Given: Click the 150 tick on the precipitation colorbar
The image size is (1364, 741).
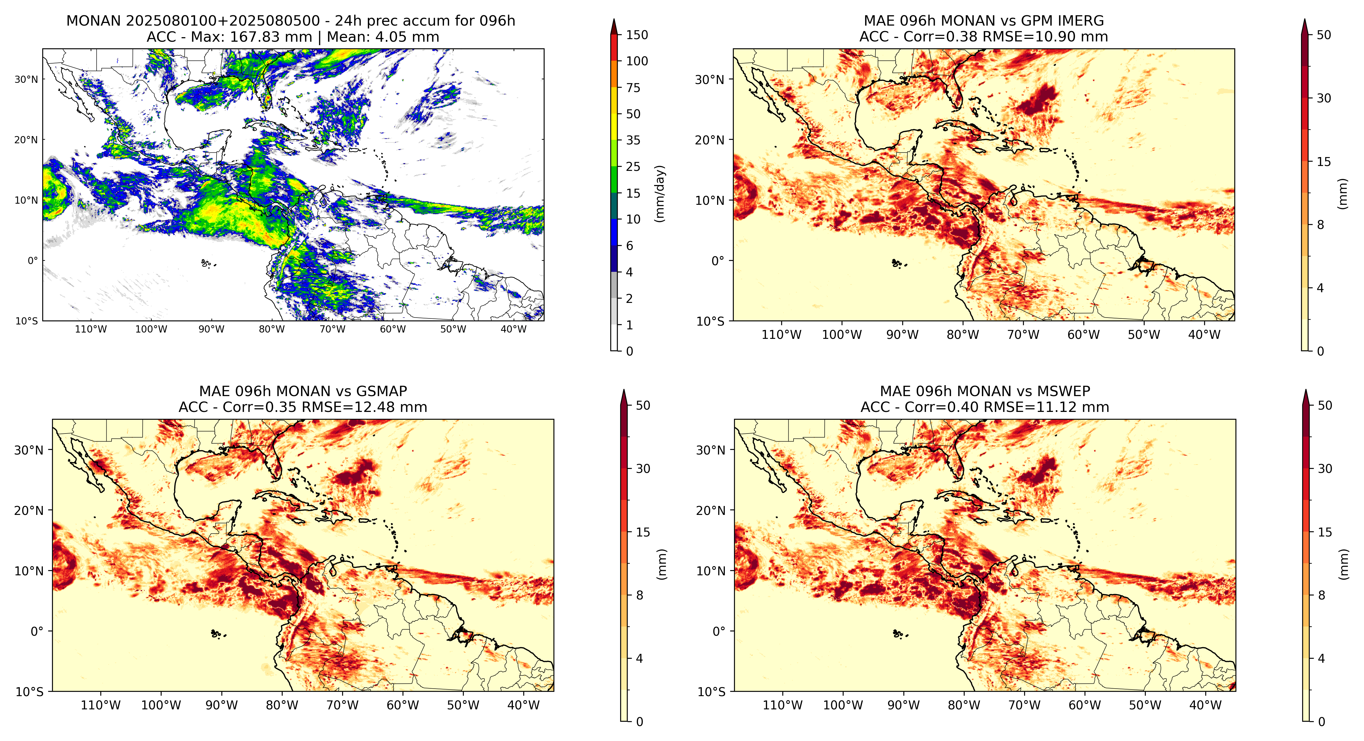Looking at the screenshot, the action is pos(637,35).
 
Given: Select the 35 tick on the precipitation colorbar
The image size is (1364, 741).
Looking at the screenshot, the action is pos(633,140).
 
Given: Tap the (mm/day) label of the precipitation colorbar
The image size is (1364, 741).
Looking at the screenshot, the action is pos(660,193).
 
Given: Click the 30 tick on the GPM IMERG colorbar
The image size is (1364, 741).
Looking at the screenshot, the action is pos(1324,98).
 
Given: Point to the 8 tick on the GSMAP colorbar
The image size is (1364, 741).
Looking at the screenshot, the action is pos(640,595).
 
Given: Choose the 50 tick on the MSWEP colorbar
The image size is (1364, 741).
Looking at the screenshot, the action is pos(1325,405).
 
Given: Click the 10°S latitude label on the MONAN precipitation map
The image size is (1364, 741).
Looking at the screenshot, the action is pos(26,321).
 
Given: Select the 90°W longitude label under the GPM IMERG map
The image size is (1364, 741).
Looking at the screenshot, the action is pos(902,335).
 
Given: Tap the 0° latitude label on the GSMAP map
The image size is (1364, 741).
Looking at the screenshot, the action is pos(37,631).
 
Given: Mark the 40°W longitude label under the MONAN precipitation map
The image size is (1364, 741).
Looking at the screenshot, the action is pos(514,329).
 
